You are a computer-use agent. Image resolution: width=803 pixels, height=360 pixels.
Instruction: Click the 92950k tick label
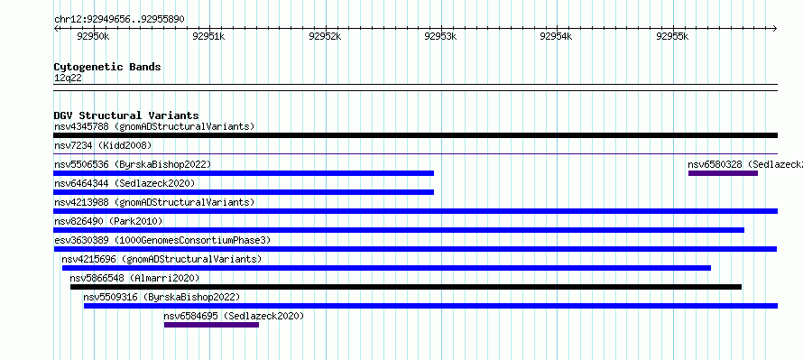(93, 36)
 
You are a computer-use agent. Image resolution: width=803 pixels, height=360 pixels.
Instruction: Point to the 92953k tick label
(441, 36)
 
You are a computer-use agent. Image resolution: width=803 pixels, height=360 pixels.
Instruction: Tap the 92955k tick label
(672, 36)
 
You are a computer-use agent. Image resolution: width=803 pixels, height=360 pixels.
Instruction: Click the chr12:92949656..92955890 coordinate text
(119, 20)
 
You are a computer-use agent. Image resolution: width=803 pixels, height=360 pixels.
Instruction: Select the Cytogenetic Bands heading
(107, 67)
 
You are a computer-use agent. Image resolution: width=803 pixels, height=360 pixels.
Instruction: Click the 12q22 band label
(68, 78)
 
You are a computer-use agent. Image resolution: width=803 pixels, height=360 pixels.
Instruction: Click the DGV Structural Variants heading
(126, 115)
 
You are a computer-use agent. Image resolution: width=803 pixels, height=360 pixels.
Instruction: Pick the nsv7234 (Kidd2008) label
(103, 145)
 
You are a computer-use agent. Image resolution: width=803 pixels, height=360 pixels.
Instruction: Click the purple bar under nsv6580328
(723, 173)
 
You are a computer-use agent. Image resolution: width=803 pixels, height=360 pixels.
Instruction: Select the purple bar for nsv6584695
(211, 325)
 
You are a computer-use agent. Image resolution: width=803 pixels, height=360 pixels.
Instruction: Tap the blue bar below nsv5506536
(244, 173)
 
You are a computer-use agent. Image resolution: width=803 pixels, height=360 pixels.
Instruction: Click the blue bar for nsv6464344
(244, 192)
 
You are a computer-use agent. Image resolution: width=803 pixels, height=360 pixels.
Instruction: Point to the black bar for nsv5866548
(406, 287)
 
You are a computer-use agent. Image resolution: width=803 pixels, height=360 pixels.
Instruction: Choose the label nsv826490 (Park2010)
(108, 221)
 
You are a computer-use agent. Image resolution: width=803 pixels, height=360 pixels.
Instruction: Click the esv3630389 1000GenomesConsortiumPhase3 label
(162, 240)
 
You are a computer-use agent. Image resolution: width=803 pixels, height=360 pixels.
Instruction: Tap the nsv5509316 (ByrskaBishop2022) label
(162, 297)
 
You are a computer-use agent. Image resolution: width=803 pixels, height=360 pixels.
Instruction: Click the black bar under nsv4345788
(415, 135)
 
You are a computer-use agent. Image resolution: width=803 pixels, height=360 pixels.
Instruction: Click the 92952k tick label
(325, 36)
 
